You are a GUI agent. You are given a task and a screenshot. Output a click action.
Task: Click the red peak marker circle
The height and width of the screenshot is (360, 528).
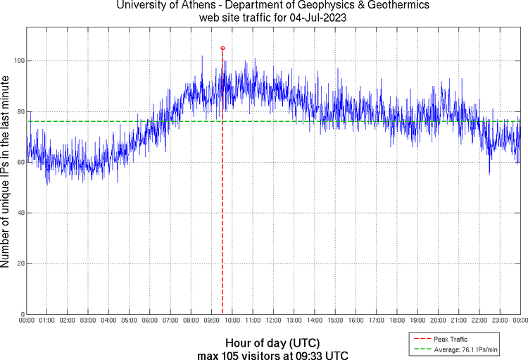[x=222, y=48]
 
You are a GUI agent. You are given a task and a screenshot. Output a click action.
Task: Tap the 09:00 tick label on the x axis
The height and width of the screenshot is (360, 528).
[x=212, y=321]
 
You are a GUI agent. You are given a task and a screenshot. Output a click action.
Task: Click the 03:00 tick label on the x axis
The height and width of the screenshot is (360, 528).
[x=89, y=321]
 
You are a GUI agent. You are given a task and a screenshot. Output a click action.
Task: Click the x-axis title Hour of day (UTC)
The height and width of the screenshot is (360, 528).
[x=273, y=343]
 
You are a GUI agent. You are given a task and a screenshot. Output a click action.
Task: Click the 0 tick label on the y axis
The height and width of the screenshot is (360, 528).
[x=21, y=314]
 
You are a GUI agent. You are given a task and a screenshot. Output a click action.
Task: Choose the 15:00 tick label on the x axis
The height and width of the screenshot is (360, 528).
[x=335, y=321]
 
